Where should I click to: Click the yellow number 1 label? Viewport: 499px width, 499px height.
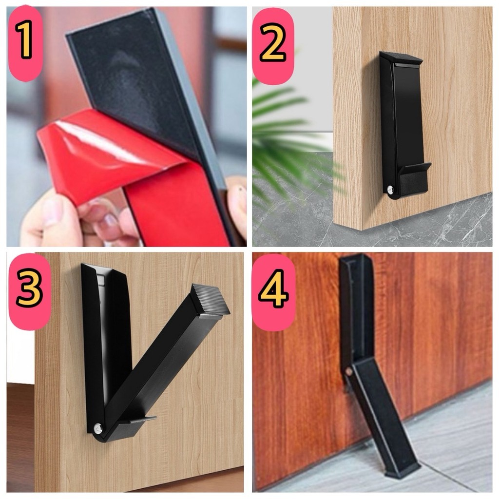pyautogui.click(x=24, y=39)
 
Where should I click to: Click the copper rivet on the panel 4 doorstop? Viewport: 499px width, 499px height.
pyautogui.click(x=349, y=371)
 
